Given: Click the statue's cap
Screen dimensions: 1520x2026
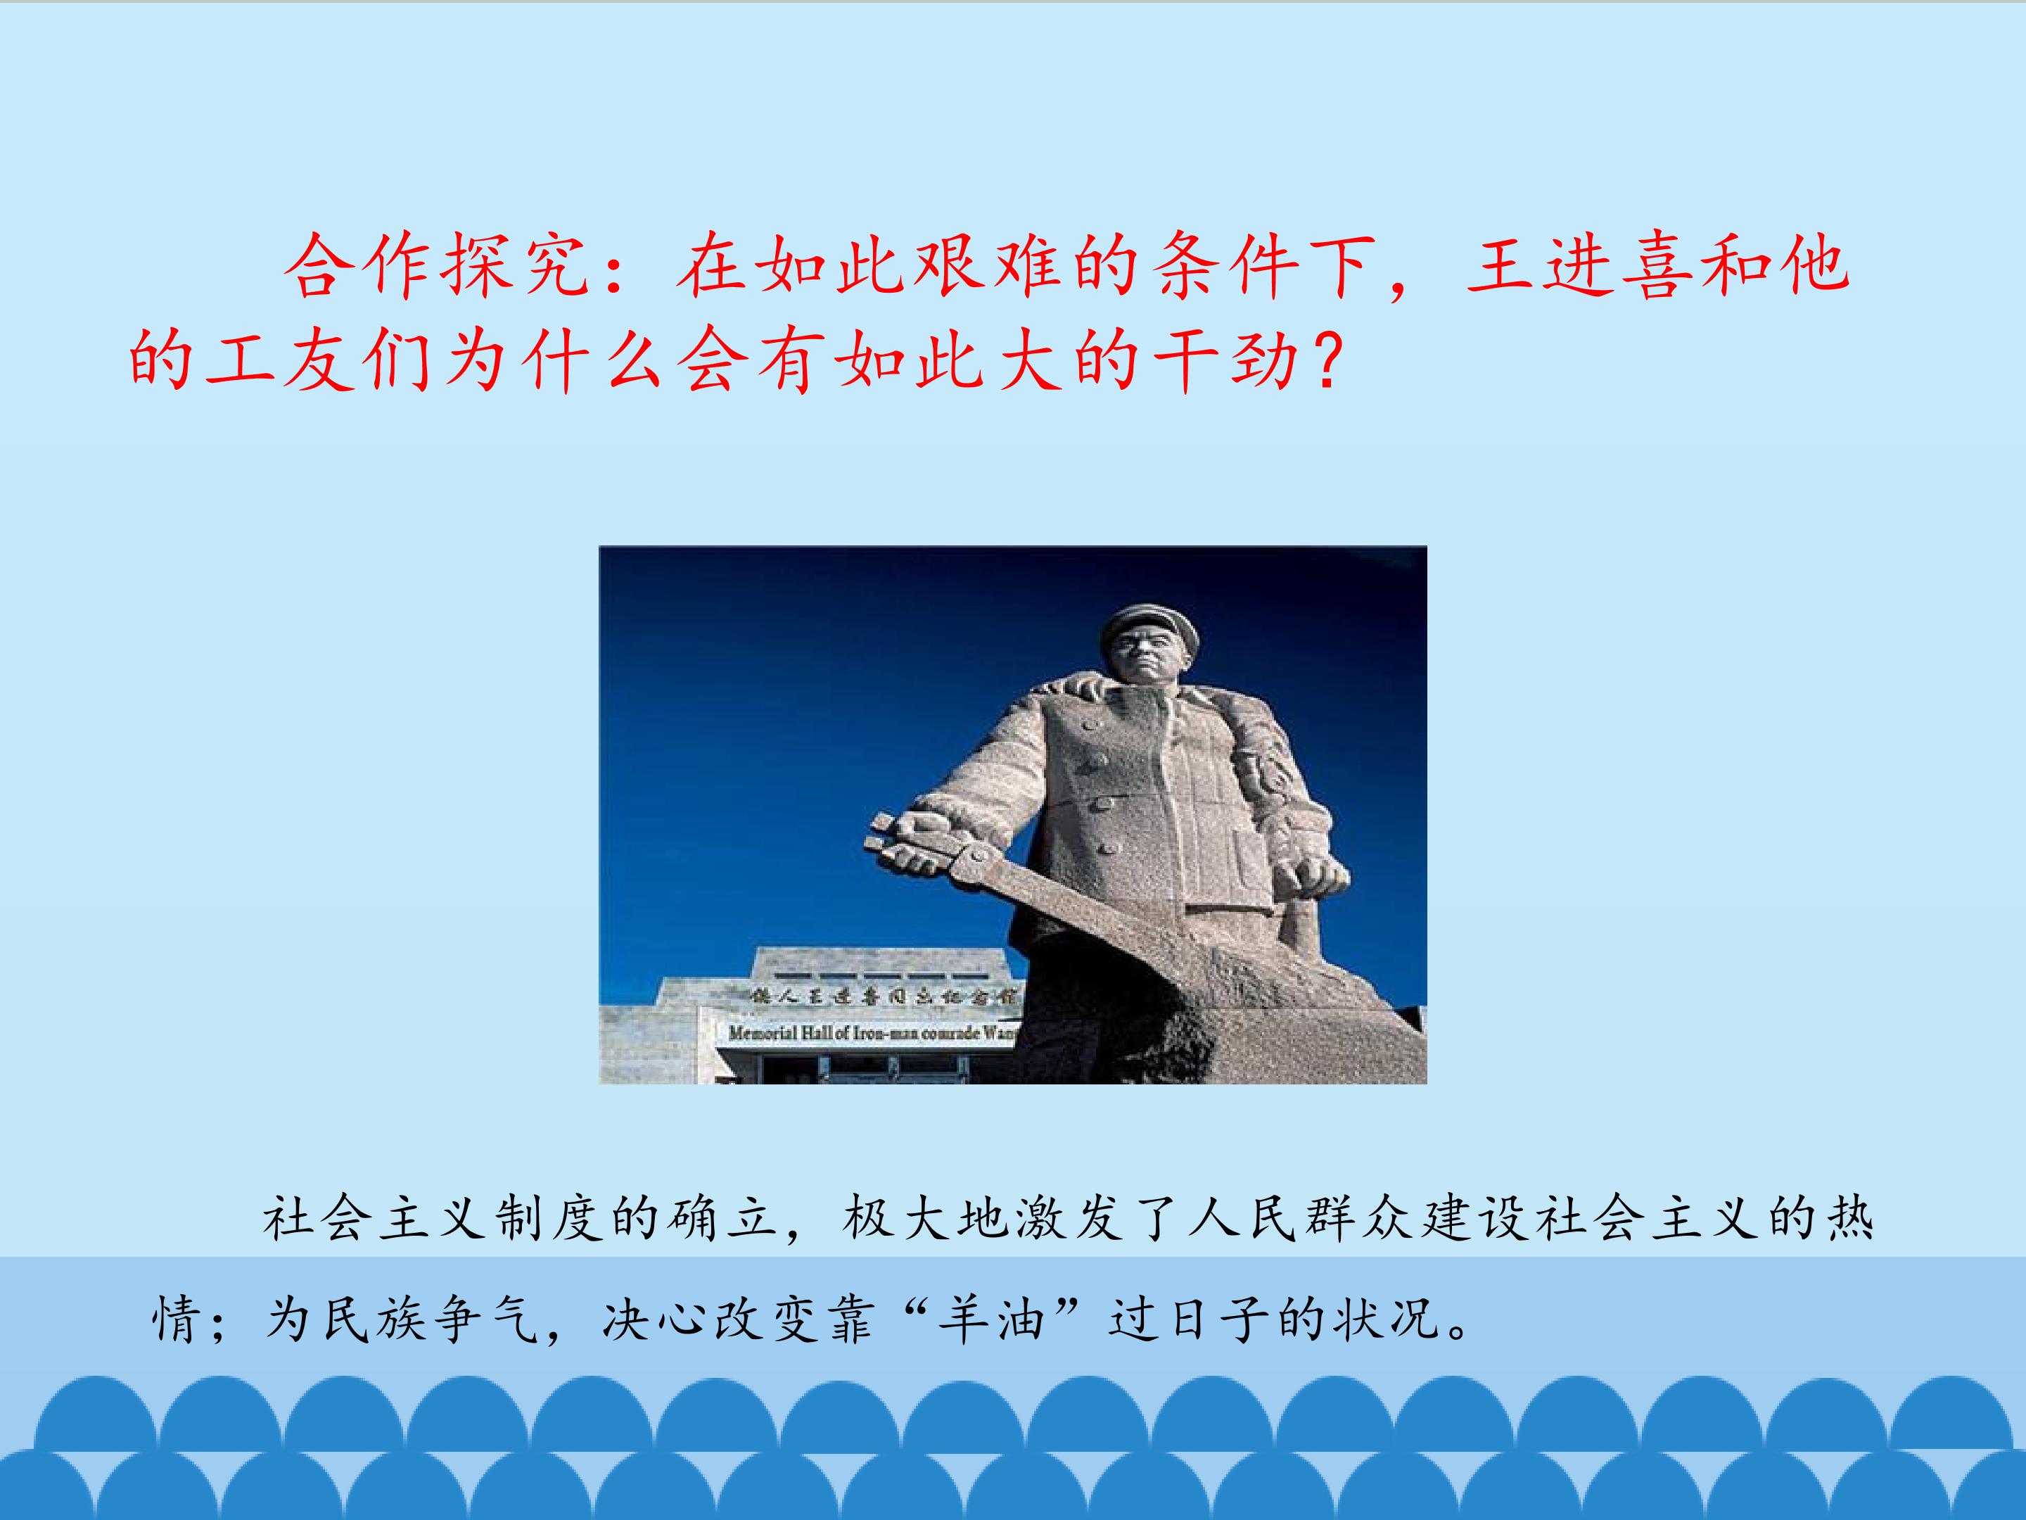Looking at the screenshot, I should pyautogui.click(x=1149, y=623).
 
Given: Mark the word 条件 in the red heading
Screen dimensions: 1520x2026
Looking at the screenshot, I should pyautogui.click(x=1223, y=267).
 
